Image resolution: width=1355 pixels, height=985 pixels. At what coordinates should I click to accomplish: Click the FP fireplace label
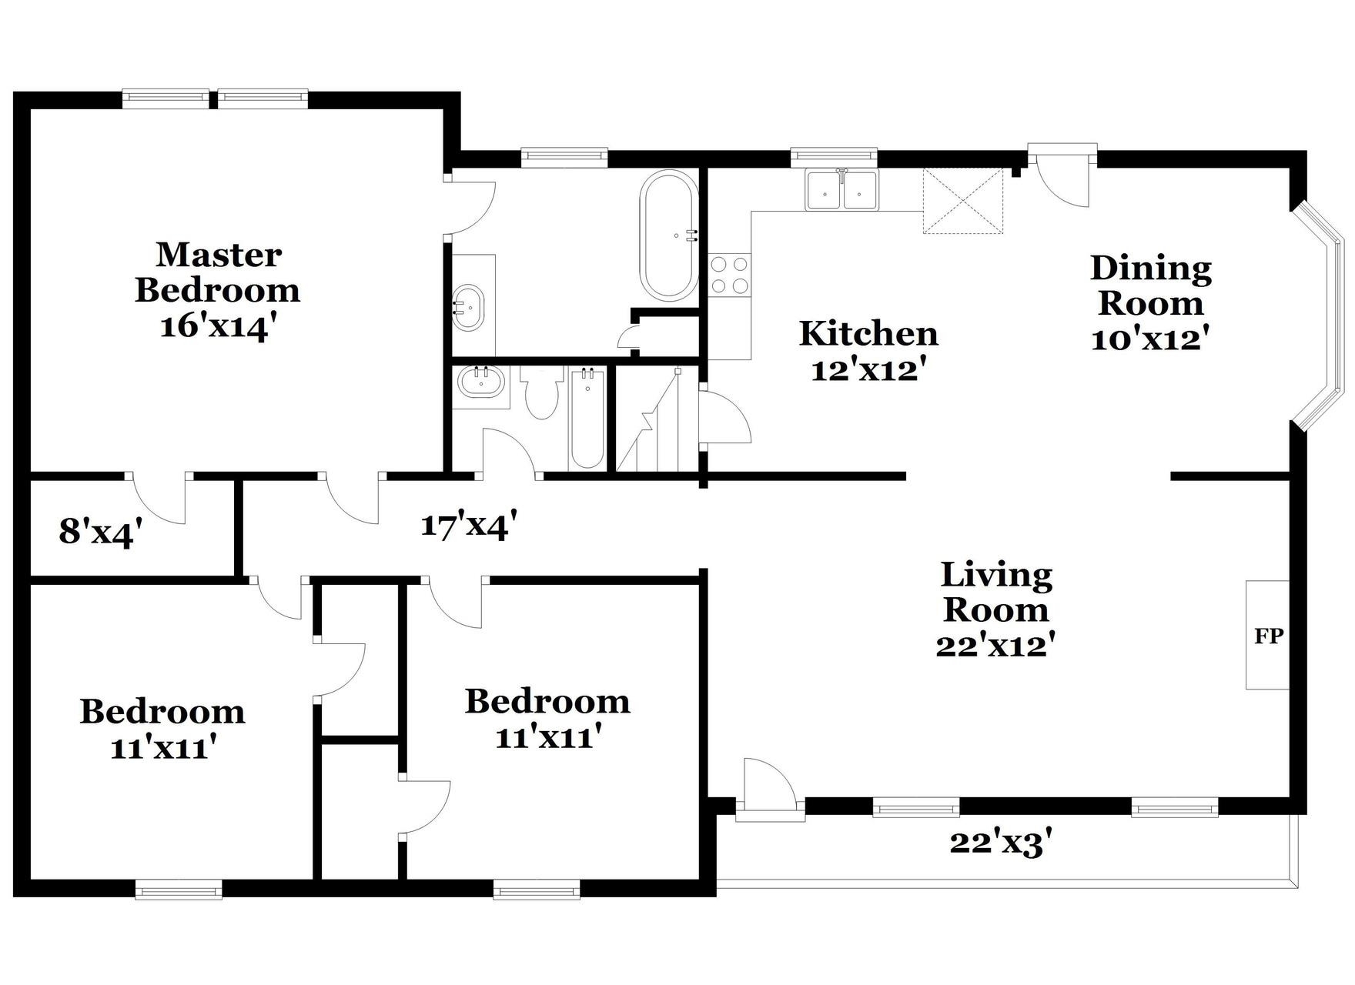click(x=1269, y=636)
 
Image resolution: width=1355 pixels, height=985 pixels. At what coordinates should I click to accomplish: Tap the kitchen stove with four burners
click(x=729, y=275)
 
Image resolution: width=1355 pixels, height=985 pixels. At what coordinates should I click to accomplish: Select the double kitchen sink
click(x=841, y=190)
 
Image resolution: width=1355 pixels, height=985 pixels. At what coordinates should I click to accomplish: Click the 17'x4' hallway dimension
click(x=468, y=526)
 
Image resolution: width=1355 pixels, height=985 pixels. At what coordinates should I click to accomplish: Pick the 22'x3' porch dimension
click(x=1000, y=843)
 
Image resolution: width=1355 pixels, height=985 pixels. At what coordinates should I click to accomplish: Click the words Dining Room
click(x=1151, y=285)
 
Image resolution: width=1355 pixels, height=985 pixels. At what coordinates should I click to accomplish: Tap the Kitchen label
click(x=868, y=334)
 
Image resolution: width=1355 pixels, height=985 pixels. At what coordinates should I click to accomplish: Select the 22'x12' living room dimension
click(x=994, y=645)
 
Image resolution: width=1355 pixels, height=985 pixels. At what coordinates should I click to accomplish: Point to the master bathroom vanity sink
click(x=467, y=306)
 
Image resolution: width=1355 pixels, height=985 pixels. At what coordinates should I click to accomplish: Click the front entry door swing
click(x=768, y=785)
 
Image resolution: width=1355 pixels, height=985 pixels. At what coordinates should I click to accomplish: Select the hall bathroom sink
click(x=480, y=382)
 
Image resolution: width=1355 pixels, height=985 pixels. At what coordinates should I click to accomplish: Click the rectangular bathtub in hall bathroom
click(x=587, y=419)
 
